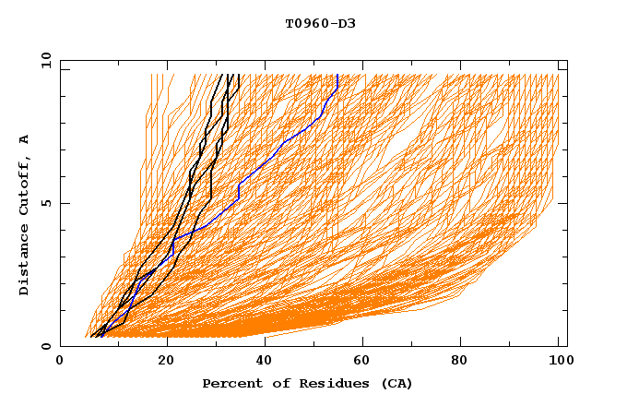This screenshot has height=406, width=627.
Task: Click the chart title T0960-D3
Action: [320, 23]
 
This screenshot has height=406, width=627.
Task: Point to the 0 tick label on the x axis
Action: [60, 362]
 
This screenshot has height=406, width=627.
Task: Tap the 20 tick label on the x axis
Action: [167, 362]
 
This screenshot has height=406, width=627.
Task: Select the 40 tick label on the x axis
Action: [266, 362]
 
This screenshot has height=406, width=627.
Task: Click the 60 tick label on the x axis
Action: [366, 362]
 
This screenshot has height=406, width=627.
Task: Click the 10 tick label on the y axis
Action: [45, 60]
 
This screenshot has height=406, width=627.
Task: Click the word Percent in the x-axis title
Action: [231, 383]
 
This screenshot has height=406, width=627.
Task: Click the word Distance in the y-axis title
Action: [25, 261]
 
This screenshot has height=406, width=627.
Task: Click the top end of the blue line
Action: [337, 75]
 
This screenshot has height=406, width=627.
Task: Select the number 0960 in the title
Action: [313, 23]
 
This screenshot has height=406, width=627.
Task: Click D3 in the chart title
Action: [348, 23]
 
